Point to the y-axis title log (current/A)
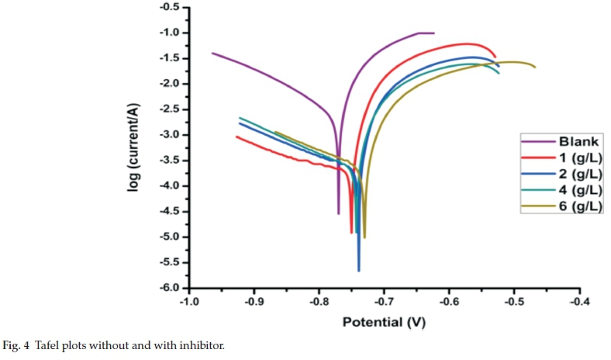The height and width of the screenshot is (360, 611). pos(135,147)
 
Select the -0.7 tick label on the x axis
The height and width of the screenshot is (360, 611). pos(384,303)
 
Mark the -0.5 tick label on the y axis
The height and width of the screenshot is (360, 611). pos(169,7)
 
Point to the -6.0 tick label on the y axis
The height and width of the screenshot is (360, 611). pos(169,288)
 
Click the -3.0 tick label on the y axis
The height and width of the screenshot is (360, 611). pos(169,135)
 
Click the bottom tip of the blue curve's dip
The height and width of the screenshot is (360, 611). pos(358,270)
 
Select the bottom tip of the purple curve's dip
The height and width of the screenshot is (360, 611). pos(339,213)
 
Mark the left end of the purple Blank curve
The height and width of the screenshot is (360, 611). pos(212,53)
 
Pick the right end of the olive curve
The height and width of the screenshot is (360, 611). pos(535,67)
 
